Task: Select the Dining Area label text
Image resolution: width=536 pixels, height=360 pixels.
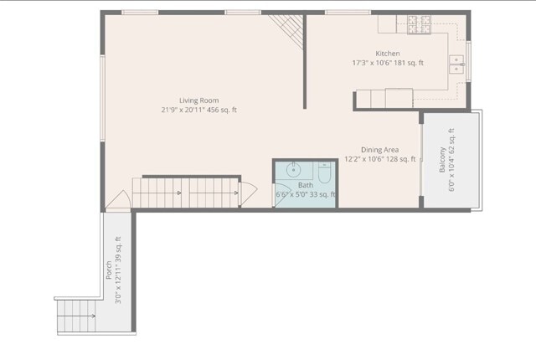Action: [379, 150]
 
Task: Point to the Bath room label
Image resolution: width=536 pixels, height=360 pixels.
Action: [306, 185]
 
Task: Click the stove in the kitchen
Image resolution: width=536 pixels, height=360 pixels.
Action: [418, 25]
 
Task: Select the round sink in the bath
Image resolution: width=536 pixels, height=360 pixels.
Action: [294, 170]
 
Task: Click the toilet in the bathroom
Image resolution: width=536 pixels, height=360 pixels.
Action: [325, 172]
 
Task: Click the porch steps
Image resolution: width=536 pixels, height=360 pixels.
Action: [75, 316]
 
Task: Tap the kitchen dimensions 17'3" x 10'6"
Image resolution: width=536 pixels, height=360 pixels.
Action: [388, 63]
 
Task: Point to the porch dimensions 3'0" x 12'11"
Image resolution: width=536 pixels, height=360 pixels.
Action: [118, 270]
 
